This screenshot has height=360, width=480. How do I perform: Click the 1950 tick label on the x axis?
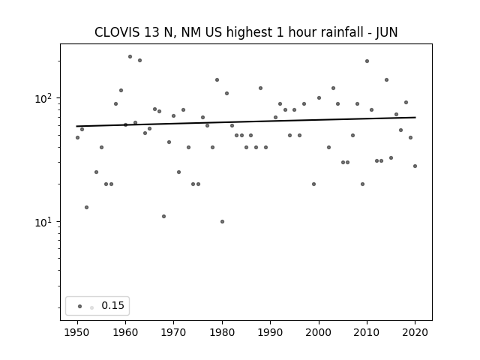click(x=77, y=332)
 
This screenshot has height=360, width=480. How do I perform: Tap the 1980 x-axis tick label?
click(x=222, y=332)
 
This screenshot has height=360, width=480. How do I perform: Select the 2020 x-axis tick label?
click(x=415, y=332)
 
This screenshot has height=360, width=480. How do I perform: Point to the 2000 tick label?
click(x=319, y=332)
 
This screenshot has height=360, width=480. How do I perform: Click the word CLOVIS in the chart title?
click(x=117, y=32)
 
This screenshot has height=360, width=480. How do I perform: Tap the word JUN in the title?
click(x=387, y=32)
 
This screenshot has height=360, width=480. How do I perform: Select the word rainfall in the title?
click(x=335, y=32)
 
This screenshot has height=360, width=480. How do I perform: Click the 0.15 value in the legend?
click(x=112, y=305)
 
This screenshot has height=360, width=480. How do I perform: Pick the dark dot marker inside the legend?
click(x=80, y=306)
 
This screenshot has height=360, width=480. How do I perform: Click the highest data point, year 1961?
click(x=130, y=57)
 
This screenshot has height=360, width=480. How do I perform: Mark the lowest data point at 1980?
click(x=222, y=222)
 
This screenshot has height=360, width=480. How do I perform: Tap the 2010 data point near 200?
click(x=367, y=61)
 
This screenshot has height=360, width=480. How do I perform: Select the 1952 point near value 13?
click(x=87, y=208)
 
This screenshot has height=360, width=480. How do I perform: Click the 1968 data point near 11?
click(x=163, y=217)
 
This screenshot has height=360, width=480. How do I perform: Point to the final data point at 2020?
click(x=415, y=166)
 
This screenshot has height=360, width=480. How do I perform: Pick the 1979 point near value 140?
click(x=217, y=80)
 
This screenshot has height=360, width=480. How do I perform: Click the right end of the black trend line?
click(x=415, y=117)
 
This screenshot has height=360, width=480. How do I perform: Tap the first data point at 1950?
click(x=77, y=138)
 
